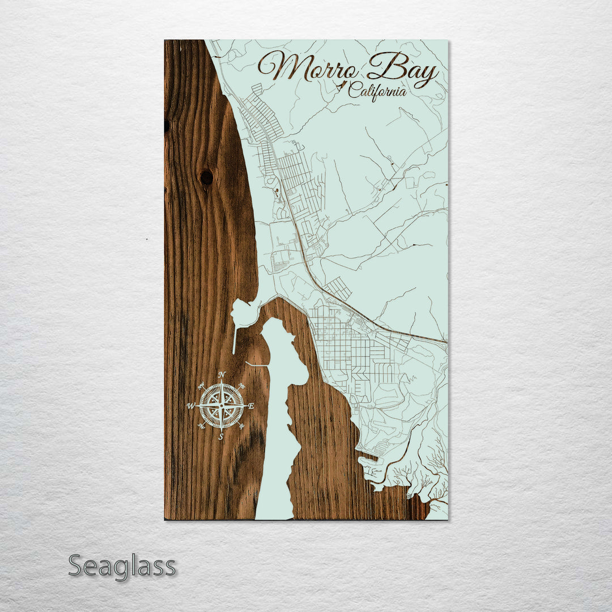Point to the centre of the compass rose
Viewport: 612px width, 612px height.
click(x=222, y=406)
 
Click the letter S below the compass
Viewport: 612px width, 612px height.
click(x=221, y=436)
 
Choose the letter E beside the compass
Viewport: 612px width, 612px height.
click(x=250, y=406)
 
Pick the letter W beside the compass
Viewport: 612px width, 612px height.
click(x=191, y=406)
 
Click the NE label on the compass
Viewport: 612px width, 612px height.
click(x=242, y=386)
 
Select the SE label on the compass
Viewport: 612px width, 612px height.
click(x=242, y=425)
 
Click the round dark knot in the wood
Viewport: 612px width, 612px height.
click(x=206, y=177)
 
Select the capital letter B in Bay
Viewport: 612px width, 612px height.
click(x=381, y=68)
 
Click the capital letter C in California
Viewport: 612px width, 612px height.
click(x=354, y=90)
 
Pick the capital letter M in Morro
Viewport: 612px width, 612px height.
click(x=278, y=67)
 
